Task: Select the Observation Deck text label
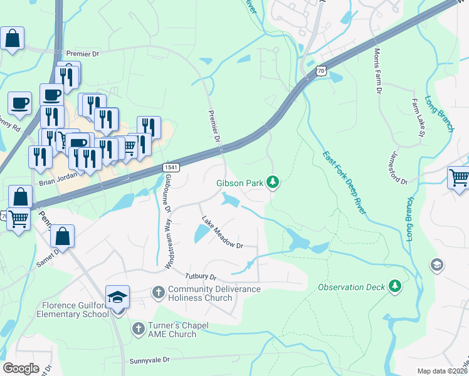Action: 350,287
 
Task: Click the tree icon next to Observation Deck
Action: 394,286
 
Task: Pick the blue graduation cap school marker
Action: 117,297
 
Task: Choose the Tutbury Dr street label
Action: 200,276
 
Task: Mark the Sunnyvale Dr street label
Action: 150,360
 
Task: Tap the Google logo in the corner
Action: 20,368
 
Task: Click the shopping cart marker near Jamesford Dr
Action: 458,178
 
